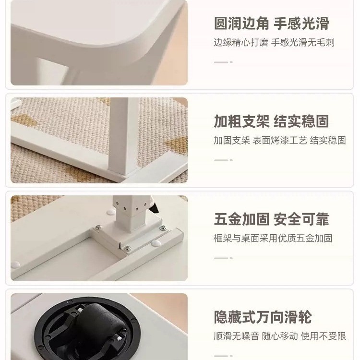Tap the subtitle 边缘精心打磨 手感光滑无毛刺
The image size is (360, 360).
[x=274, y=43]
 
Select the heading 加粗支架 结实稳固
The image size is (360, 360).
[x=271, y=121]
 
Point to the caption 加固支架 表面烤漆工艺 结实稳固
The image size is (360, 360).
[x=280, y=141]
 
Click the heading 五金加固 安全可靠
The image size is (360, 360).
[x=271, y=219]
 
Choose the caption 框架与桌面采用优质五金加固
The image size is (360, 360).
[x=273, y=239]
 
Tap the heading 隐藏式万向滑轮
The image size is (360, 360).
[x=263, y=317]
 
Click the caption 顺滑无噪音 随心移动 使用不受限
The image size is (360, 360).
[x=280, y=336]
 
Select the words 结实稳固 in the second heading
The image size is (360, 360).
[x=301, y=121]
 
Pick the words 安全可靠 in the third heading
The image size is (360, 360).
[x=301, y=219]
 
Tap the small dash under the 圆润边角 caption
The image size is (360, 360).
[x=223, y=62]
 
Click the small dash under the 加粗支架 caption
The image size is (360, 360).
[x=223, y=160]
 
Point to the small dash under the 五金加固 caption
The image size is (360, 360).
[x=223, y=258]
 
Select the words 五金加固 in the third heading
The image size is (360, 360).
[x=241, y=219]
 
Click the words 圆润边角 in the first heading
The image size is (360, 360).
[x=241, y=24]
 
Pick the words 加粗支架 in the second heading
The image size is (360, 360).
[x=241, y=121]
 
